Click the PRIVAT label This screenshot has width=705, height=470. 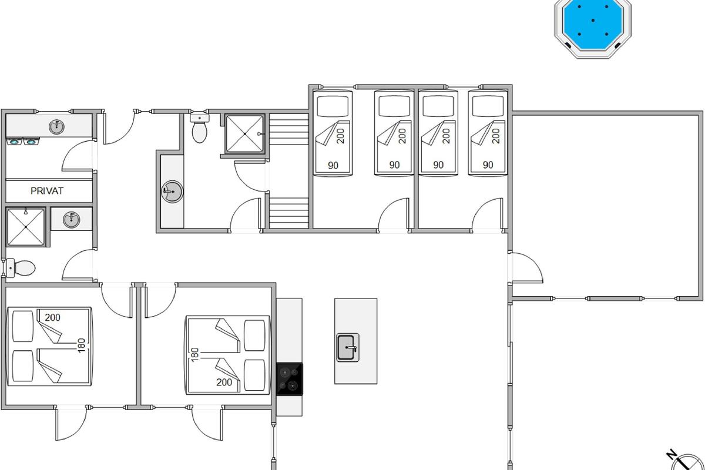pyautogui.click(x=47, y=191)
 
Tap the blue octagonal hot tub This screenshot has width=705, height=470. pyautogui.click(x=593, y=28)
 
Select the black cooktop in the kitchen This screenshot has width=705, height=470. pyautogui.click(x=290, y=379)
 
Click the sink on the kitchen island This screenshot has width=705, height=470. pyautogui.click(x=347, y=347)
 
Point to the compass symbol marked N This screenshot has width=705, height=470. pyautogui.click(x=686, y=463)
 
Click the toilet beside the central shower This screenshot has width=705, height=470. pyautogui.click(x=199, y=128)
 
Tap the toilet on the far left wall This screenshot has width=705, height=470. pyautogui.click(x=19, y=268)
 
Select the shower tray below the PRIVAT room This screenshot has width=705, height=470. pyautogui.click(x=26, y=227)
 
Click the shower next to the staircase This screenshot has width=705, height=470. pyautogui.click(x=245, y=134)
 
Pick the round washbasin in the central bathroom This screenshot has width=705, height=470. pyautogui.click(x=172, y=192)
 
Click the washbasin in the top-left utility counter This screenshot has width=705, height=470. pyautogui.click(x=56, y=126)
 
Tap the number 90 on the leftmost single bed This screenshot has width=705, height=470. pyautogui.click(x=333, y=165)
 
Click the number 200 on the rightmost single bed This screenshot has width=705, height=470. pyautogui.click(x=496, y=136)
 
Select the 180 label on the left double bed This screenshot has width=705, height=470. pyautogui.click(x=82, y=345)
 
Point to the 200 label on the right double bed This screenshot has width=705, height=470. pyautogui.click(x=224, y=382)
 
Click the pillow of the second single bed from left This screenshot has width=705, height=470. pyautogui.click(x=394, y=106)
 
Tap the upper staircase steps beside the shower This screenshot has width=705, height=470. pyautogui.click(x=288, y=129)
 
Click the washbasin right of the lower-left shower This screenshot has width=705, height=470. pyautogui.click(x=72, y=219)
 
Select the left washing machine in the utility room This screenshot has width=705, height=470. pyautogui.click(x=14, y=142)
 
